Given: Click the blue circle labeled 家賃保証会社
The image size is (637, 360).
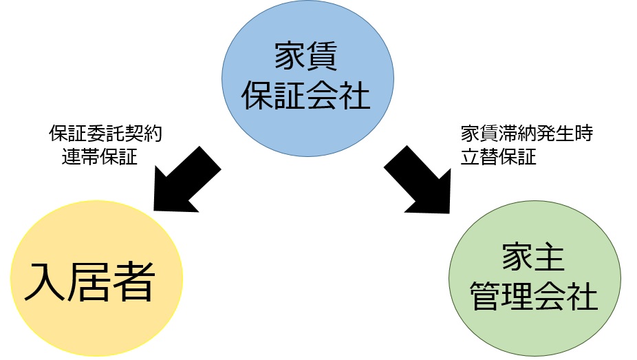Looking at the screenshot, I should (x=307, y=76).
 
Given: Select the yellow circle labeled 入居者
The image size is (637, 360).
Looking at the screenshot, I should (x=96, y=278).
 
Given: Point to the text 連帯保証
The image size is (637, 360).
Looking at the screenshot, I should (x=98, y=156).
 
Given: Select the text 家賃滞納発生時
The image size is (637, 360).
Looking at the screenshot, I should (x=526, y=134).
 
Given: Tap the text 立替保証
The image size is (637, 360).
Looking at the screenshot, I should (x=498, y=156).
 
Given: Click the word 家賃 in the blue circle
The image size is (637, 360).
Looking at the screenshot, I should (x=307, y=57).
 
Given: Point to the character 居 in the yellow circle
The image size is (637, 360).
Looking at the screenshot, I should (x=88, y=279).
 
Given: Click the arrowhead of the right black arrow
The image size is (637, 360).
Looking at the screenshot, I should (x=435, y=195).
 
